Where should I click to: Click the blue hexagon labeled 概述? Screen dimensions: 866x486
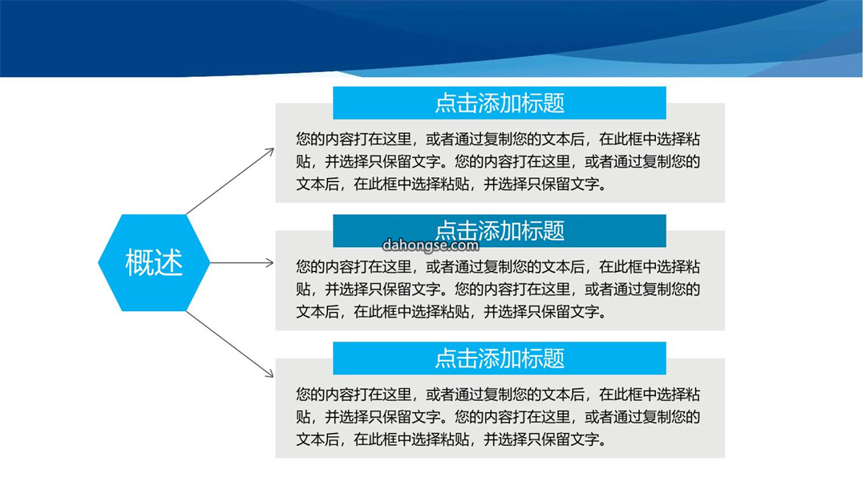[154, 263]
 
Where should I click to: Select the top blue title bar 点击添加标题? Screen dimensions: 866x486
[500, 103]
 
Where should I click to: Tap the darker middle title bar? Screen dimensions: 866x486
[500, 231]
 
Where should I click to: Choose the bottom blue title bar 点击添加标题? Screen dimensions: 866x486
[500, 358]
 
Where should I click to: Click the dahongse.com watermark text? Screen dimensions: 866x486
[431, 245]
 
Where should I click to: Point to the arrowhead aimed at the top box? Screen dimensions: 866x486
[270, 152]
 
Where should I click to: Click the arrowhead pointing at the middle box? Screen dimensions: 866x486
[269, 263]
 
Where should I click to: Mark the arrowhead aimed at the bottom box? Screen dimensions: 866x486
[269, 374]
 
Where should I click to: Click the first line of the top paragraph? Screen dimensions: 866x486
[498, 140]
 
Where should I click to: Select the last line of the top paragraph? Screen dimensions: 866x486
[451, 184]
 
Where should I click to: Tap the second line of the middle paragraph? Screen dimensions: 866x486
[498, 290]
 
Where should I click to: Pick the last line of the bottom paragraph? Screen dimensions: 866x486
[451, 439]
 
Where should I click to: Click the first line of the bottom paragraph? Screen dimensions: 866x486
[498, 395]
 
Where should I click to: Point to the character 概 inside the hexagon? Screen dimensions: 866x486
[140, 262]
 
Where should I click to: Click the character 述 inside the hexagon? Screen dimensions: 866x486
[169, 262]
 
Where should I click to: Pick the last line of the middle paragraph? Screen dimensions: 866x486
[451, 312]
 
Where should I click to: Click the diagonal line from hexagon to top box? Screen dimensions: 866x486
[230, 182]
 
